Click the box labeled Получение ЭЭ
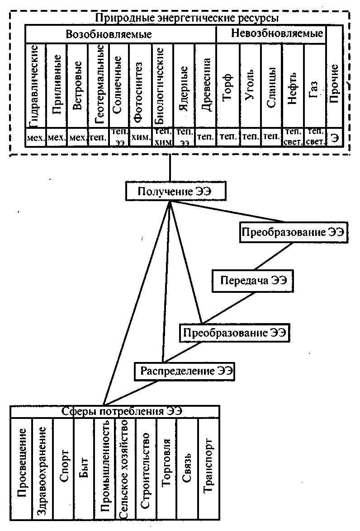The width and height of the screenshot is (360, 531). (x=175, y=191)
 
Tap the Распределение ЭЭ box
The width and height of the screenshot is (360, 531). (x=186, y=372)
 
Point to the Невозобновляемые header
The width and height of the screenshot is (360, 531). (x=277, y=33)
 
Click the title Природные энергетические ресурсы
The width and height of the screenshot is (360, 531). (x=187, y=19)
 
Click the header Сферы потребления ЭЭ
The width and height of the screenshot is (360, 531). (x=115, y=411)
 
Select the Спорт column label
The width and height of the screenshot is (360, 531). (x=64, y=466)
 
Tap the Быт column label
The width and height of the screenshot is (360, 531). (x=84, y=466)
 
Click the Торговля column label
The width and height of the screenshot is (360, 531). (x=166, y=466)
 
